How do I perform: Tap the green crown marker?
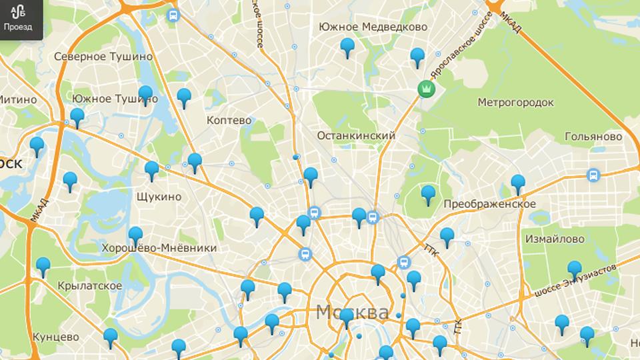(425, 88)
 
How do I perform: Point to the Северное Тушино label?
(103, 57)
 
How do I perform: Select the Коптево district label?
(229, 121)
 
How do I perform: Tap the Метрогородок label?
(516, 102)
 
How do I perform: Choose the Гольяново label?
(593, 136)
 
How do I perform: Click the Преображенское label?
(489, 204)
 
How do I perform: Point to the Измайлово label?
(555, 239)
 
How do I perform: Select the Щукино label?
(158, 197)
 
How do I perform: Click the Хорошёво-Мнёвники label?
(159, 248)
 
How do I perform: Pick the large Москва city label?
(353, 312)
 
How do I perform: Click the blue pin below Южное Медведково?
(347, 48)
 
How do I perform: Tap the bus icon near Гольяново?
(592, 175)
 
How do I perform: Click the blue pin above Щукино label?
(152, 171)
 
